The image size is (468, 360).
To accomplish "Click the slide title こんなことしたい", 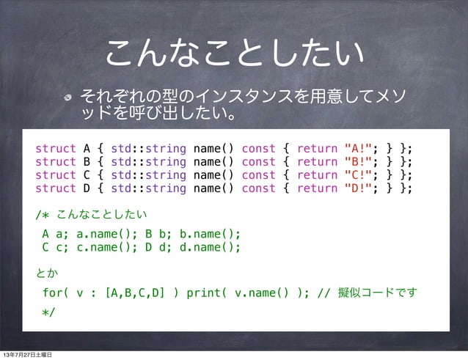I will [x=235, y=52].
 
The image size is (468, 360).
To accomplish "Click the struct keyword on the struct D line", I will [x=56, y=188].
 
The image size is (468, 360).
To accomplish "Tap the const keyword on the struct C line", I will [x=258, y=175].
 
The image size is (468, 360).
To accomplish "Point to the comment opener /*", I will [x=43, y=215].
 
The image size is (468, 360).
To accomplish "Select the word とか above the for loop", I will [x=47, y=273].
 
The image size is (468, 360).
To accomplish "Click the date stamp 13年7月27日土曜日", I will [x=32, y=355].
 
